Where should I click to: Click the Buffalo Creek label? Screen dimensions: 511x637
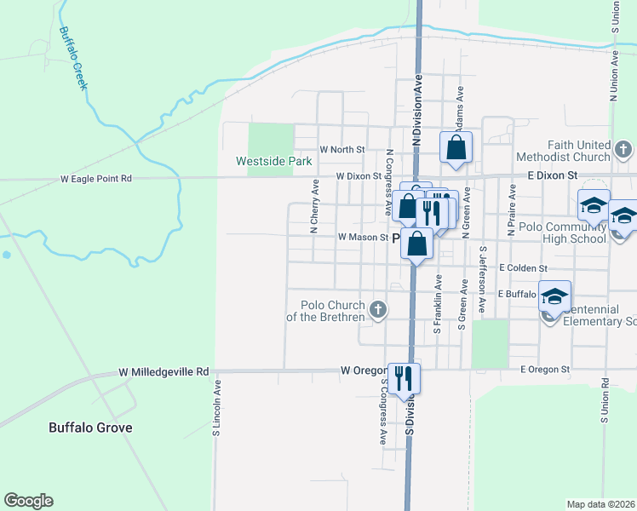coord(74,60)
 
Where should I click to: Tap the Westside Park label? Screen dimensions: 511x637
coord(274,161)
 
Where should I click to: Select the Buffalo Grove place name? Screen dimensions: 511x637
coord(90,428)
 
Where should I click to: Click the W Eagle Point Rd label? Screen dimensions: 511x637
coord(96,179)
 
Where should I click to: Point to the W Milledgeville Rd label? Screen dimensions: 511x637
coord(164,372)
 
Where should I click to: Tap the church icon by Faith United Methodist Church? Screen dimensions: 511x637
coord(623,151)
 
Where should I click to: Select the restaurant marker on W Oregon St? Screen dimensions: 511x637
coord(404,377)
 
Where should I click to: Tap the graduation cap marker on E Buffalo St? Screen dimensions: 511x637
coord(555,296)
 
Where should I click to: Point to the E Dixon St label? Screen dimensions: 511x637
coord(552,175)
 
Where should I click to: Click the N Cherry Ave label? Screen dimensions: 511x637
coord(313,206)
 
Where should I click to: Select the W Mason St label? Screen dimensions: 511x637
coord(363,238)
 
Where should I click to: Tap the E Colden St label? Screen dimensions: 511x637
coord(523,267)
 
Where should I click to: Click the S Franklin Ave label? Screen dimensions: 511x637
coord(438,304)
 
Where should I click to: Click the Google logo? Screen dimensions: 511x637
coord(29,500)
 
